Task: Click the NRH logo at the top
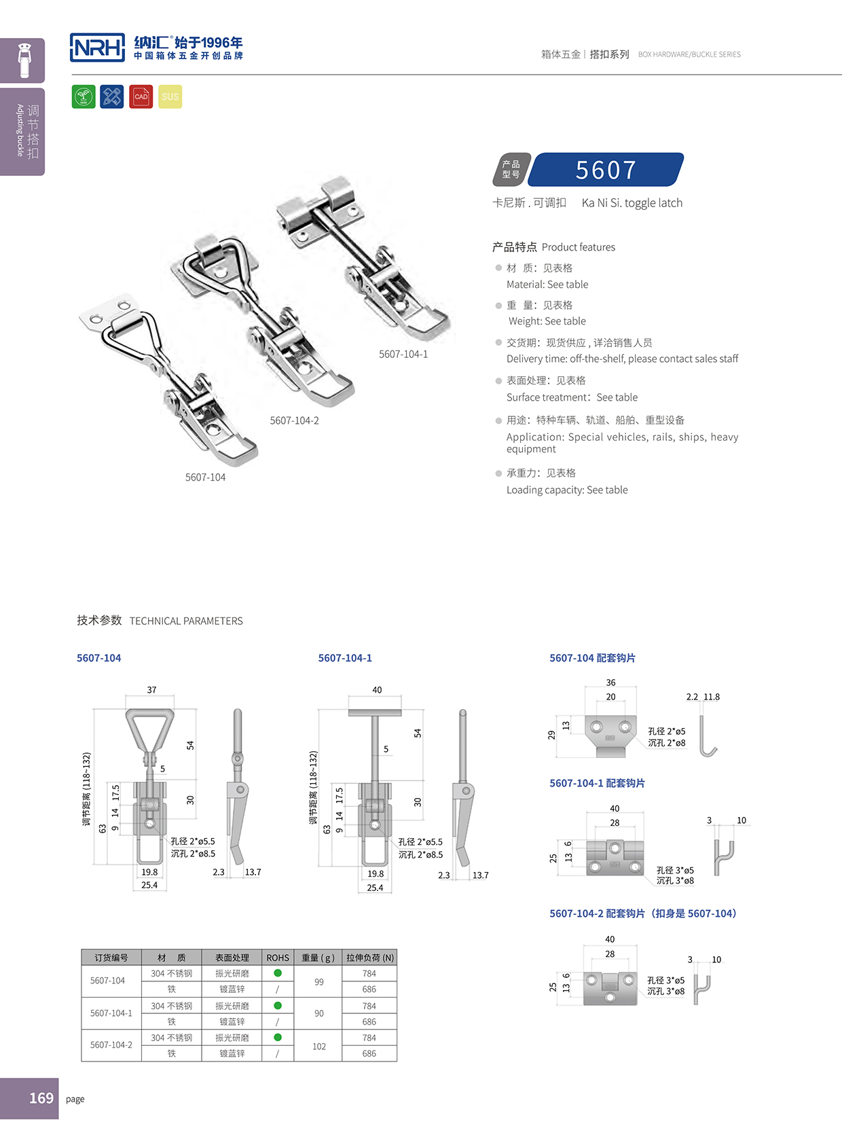coord(98,48)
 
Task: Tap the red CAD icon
coord(141,96)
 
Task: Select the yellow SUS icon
coord(170,96)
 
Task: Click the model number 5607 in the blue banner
coord(606,170)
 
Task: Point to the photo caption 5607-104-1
coord(403,354)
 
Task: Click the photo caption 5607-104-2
coord(294,420)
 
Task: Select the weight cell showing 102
coord(319,1046)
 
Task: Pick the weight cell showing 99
coord(319,981)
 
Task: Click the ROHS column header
coord(278,958)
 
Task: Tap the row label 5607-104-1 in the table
coord(111,1013)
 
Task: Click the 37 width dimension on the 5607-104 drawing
coord(151,690)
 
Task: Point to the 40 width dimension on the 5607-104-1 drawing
coord(377,690)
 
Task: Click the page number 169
coord(41,1098)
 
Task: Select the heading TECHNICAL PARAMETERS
coord(186,621)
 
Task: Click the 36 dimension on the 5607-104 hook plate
coord(610,683)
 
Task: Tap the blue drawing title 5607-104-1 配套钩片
coord(597,783)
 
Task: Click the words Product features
coord(579,247)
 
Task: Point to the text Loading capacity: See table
coord(567,490)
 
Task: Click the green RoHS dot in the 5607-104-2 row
coord(278,1037)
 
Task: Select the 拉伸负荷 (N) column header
coord(369,958)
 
